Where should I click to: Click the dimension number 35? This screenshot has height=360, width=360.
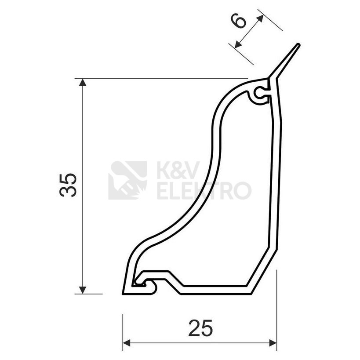pyautogui.click(x=68, y=185)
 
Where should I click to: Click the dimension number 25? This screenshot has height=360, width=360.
pyautogui.click(x=200, y=328)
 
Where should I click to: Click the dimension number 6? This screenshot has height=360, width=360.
pyautogui.click(x=239, y=21)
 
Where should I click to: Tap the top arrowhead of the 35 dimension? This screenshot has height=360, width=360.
pyautogui.click(x=83, y=82)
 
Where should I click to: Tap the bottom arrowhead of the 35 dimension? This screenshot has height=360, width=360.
pyautogui.click(x=83, y=290)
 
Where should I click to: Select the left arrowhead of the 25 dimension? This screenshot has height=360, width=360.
pyautogui.click(x=127, y=343)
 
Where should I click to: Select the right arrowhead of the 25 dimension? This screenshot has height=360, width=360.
pyautogui.click(x=273, y=343)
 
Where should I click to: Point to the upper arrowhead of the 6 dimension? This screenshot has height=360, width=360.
pyautogui.click(x=260, y=18)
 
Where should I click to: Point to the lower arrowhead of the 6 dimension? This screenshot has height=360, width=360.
pyautogui.click(x=238, y=44)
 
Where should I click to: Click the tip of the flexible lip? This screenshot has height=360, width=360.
pyautogui.click(x=298, y=44)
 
